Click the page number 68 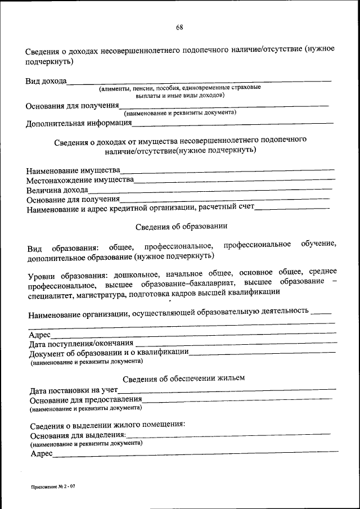(179, 28)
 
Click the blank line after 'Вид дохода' (199, 82)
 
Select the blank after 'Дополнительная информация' (233, 123)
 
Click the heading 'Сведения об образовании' (181, 227)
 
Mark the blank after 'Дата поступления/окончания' (236, 343)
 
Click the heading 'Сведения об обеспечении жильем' (183, 378)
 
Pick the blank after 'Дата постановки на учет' (228, 389)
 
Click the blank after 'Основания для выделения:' (228, 434)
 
